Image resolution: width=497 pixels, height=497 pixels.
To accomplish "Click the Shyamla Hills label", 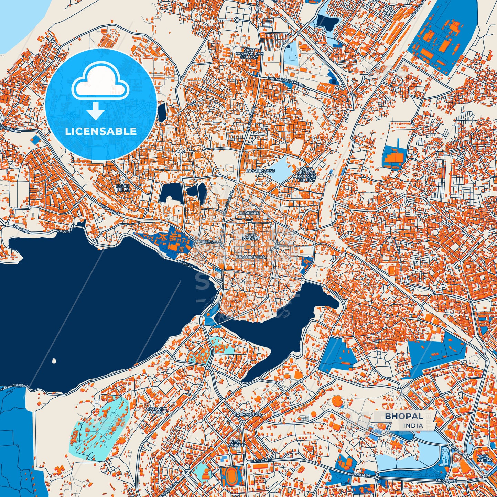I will (156, 410).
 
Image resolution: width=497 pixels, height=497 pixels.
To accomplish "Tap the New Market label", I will (235, 443).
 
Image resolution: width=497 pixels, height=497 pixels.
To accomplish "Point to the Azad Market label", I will (251, 236).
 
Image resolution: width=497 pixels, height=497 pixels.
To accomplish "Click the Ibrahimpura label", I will (250, 257).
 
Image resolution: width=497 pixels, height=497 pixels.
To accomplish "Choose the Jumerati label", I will (248, 213).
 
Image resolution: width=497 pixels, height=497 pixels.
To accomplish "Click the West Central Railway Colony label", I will (306, 174).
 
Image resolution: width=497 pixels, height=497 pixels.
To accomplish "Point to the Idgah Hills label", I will (123, 188).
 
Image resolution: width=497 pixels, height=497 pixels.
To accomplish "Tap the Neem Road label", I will (212, 242).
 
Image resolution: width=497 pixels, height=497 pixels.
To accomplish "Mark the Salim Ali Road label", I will (14, 387).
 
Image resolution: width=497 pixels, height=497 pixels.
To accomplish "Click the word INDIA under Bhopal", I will (413, 425).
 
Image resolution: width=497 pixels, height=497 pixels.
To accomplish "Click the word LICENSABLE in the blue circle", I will (101, 131).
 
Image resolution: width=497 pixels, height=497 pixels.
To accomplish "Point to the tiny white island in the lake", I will (54, 361).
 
